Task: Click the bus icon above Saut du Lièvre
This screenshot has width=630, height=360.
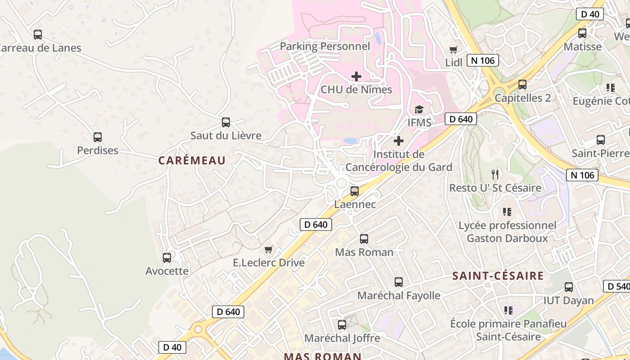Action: (226, 122)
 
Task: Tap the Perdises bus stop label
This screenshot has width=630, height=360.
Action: (98, 150)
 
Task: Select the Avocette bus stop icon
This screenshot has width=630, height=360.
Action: (167, 258)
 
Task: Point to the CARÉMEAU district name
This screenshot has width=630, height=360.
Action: (192, 161)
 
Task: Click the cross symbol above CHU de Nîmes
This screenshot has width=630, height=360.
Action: (356, 76)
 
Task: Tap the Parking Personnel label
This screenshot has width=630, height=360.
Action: (325, 46)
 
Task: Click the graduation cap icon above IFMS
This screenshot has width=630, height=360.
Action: (419, 109)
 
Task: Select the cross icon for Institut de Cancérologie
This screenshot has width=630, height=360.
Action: (399, 141)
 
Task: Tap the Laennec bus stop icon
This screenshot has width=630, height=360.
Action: (355, 191)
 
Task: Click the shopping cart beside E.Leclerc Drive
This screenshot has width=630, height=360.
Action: (269, 249)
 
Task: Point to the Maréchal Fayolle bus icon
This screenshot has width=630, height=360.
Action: (399, 282)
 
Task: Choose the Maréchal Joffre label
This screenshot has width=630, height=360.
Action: (342, 338)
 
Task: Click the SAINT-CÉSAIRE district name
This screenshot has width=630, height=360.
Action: (498, 276)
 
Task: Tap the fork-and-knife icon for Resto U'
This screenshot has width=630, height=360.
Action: (495, 175)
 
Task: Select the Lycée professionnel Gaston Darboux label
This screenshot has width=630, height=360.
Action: (507, 232)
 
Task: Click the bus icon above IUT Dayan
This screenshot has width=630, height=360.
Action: (569, 287)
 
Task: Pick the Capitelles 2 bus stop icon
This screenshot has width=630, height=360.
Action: (522, 85)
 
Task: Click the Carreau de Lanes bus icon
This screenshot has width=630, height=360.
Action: (38, 35)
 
